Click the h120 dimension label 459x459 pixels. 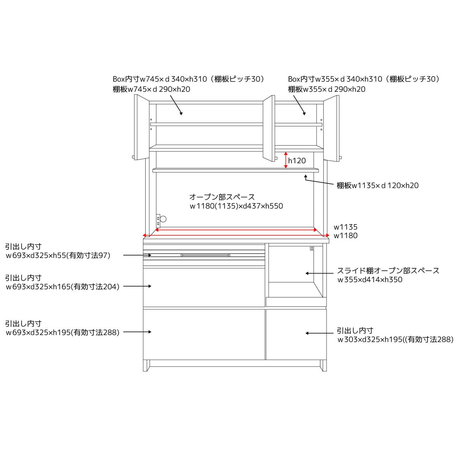click(297, 161)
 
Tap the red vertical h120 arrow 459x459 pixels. click(285, 160)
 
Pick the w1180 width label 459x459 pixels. click(345, 236)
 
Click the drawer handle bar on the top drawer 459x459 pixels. click(205, 255)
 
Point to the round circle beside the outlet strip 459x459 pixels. click(163, 219)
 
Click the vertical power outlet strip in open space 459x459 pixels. click(158, 221)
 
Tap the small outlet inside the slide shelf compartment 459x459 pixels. click(312, 248)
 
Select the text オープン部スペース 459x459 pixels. click(222, 197)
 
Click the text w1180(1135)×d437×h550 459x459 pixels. click(236, 206)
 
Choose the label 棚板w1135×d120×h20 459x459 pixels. click(378, 185)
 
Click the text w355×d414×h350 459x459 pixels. click(370, 279)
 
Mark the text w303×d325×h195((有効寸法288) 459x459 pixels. click(396, 340)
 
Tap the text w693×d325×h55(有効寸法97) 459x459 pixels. click(58, 255)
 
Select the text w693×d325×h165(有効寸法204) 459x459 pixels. click(63, 287)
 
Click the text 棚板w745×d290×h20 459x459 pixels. click(151, 89)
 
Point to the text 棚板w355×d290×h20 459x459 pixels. click(327, 89)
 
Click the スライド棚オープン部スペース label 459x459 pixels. click(388, 271)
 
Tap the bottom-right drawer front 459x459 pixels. click(296, 334)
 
